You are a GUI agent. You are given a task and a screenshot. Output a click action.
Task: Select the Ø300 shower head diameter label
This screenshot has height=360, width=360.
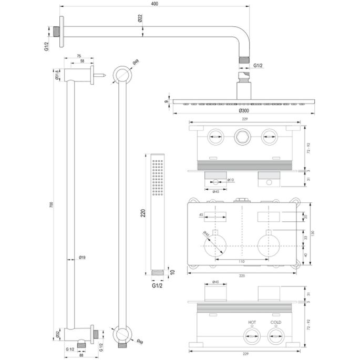[243, 111]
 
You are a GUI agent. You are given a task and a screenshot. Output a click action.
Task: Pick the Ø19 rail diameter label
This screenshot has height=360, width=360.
[83, 258]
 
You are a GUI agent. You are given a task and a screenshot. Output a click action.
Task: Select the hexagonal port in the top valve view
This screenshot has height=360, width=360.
[242, 137]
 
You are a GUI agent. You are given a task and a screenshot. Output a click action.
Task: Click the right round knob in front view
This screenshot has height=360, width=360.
[269, 245]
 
